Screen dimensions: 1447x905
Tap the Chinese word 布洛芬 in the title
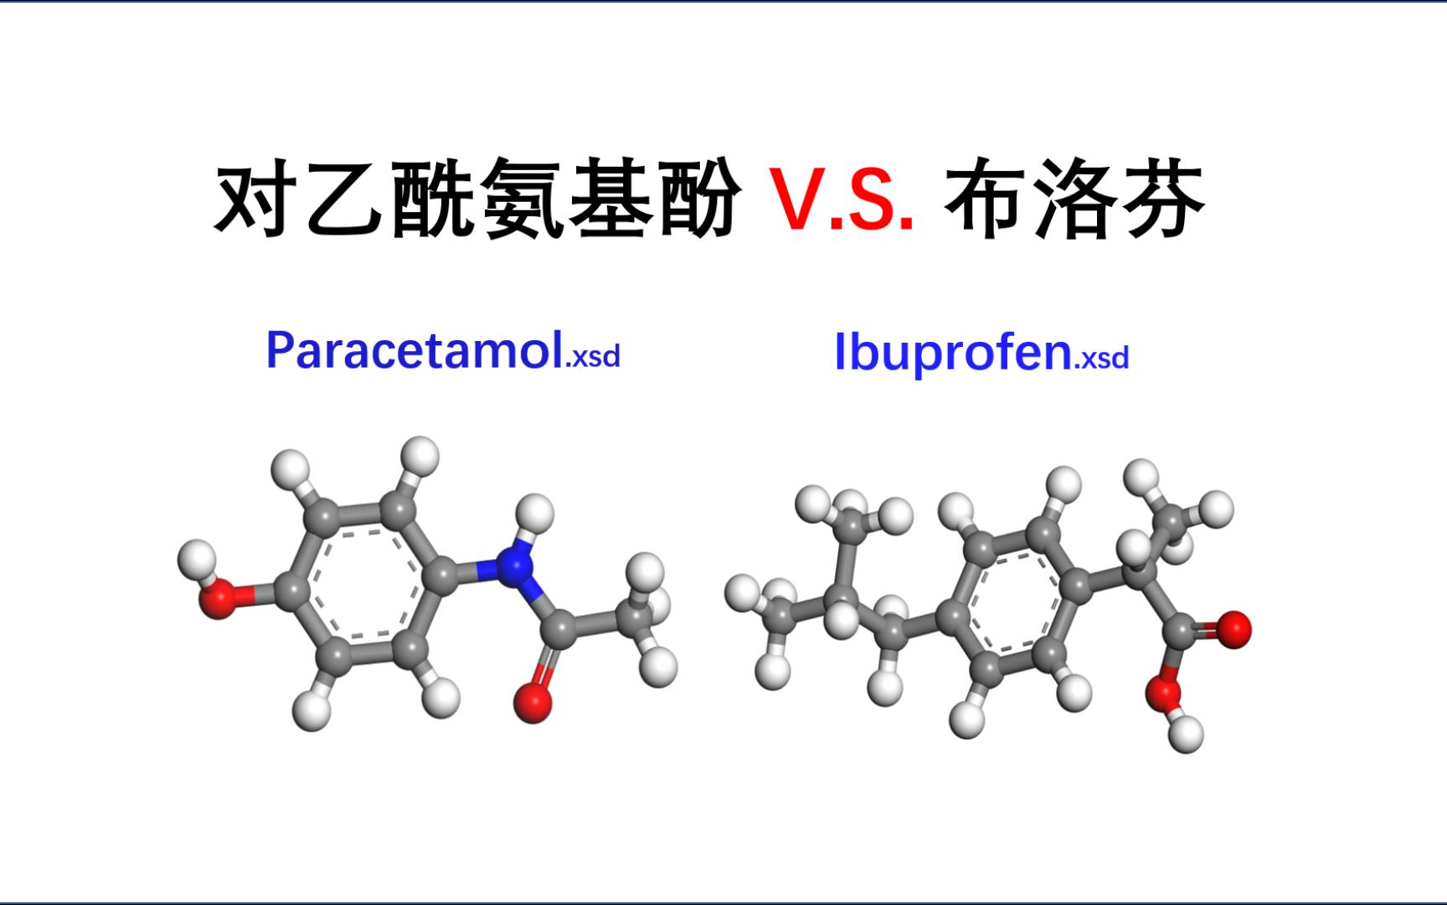(x=1074, y=201)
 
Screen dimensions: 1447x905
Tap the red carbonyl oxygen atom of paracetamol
(x=533, y=702)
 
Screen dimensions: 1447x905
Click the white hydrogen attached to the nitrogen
(x=534, y=512)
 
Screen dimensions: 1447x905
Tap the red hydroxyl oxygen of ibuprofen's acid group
(x=1164, y=693)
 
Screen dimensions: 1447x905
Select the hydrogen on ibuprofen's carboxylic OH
(x=1185, y=734)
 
